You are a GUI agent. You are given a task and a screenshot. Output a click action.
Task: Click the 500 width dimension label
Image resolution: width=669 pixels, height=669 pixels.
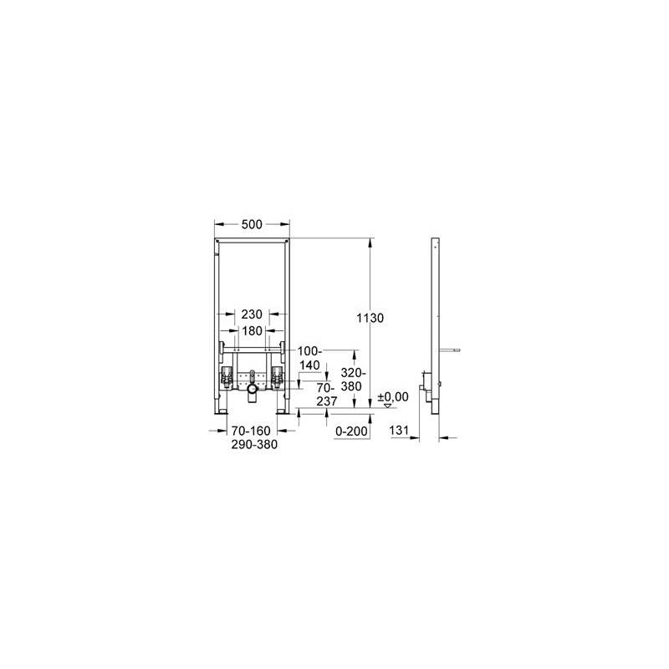click(252, 224)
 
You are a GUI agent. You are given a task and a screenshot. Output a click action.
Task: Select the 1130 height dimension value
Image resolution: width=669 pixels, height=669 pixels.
click(370, 318)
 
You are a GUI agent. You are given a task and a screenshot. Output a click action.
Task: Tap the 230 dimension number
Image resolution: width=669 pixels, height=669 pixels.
click(252, 314)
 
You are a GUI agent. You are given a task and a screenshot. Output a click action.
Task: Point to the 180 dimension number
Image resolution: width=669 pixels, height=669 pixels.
click(252, 330)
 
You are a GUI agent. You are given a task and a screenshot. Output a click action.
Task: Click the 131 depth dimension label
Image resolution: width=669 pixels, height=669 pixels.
click(399, 431)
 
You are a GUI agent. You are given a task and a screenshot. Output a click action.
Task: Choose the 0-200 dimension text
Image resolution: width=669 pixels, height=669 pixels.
click(351, 432)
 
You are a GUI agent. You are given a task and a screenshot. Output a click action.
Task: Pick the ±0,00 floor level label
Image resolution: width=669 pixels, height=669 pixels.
click(393, 396)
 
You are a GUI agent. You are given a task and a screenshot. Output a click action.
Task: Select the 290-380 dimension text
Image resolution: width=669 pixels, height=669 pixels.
click(254, 445)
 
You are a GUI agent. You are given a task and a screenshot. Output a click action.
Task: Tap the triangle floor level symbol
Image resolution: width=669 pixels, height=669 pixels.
click(387, 406)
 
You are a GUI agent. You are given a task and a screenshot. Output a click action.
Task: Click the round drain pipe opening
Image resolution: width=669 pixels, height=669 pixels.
click(253, 389)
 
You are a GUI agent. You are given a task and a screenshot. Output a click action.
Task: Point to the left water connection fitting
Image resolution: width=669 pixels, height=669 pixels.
click(226, 378)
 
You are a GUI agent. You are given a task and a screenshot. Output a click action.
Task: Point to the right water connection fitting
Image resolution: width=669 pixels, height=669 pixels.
click(278, 378)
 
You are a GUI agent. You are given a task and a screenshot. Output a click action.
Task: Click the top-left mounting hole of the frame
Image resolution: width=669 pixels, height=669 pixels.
click(219, 243)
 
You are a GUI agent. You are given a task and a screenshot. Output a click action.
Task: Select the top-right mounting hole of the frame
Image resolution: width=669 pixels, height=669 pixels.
click(285, 243)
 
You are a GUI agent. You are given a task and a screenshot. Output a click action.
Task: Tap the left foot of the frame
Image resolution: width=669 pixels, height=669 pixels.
click(222, 411)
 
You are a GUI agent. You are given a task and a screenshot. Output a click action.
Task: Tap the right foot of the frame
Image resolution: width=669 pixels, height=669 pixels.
click(282, 411)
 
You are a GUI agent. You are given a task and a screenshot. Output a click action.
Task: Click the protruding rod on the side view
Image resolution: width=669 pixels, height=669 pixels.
click(449, 350)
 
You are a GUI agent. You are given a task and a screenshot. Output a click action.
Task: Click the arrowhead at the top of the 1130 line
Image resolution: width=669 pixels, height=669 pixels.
click(370, 242)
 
